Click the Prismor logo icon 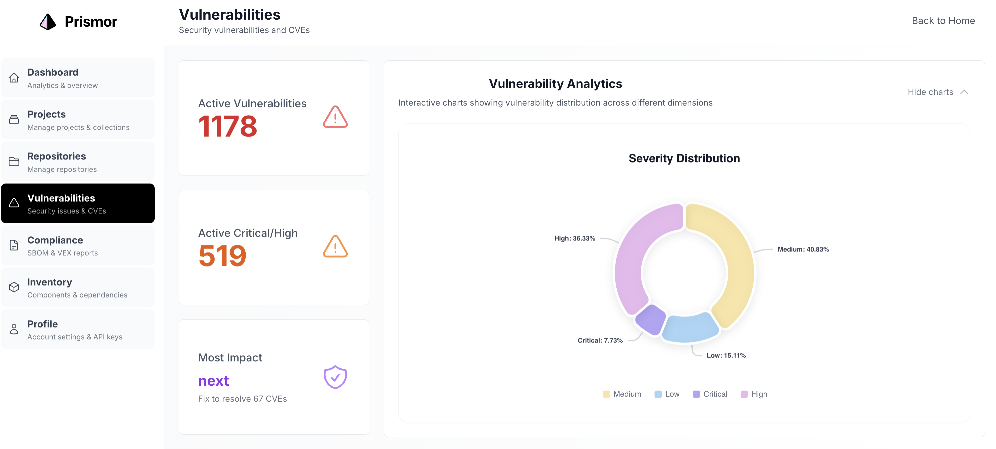(48, 22)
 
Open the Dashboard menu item (78, 78)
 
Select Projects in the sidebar (78, 120)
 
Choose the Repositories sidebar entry (78, 162)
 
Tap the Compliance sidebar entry (78, 246)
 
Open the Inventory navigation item (78, 288)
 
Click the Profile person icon (14, 329)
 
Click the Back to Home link (943, 21)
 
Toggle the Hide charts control (938, 92)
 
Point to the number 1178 (227, 126)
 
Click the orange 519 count (222, 256)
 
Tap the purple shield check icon (335, 377)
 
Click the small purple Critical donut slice (651, 319)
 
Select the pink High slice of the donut (636, 255)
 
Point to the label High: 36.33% (575, 238)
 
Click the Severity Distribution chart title (684, 159)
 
